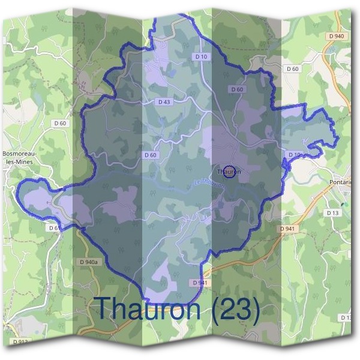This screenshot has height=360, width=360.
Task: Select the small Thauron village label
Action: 228,172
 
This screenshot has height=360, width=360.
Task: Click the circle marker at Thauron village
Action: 229,172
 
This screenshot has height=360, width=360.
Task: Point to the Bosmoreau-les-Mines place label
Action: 20,157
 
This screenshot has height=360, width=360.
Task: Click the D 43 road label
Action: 164,102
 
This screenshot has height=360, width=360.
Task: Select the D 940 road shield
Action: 337,37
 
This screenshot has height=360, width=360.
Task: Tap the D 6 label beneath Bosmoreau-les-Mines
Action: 52,228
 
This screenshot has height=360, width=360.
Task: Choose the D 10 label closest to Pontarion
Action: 294,155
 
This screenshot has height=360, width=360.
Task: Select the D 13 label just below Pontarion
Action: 333,213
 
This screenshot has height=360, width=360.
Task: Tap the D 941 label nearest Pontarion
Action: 287,229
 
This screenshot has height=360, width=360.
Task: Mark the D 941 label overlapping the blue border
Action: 200,283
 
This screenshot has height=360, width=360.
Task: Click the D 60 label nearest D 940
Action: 293,69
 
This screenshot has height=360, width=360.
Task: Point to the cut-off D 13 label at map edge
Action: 346,317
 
